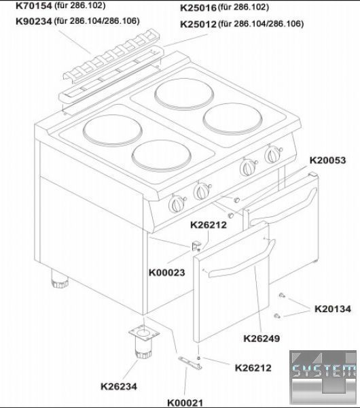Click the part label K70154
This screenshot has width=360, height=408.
(34, 5)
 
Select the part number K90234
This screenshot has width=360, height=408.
(34, 21)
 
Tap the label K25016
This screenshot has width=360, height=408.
(198, 8)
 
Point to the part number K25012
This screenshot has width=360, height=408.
(198, 24)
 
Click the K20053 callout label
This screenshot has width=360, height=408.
(327, 160)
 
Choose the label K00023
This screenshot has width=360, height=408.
(166, 273)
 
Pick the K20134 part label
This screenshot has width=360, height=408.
(333, 309)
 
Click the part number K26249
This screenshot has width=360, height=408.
(262, 339)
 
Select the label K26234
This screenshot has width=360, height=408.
(118, 386)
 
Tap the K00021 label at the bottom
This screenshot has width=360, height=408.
(185, 403)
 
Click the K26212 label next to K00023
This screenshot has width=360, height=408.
(209, 225)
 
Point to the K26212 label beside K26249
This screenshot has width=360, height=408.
(253, 368)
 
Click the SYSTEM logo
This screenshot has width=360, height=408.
(323, 377)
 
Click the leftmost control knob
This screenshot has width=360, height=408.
(177, 204)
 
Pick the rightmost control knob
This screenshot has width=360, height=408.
(273, 154)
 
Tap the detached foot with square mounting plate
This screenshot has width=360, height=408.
(144, 341)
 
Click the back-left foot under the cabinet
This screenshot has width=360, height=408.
(59, 279)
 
